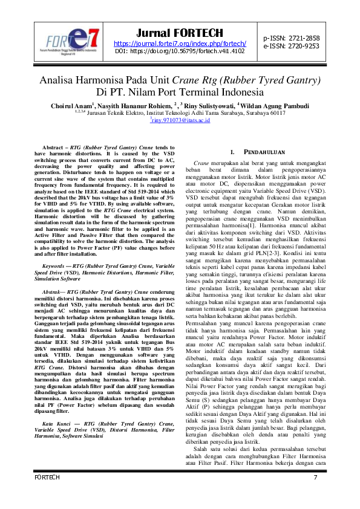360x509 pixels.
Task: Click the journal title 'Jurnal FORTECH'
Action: pos(180,33)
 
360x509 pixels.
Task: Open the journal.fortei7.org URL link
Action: pos(180,44)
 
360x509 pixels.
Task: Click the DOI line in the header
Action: pos(180,51)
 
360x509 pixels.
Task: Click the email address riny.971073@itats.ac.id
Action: pos(180,121)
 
